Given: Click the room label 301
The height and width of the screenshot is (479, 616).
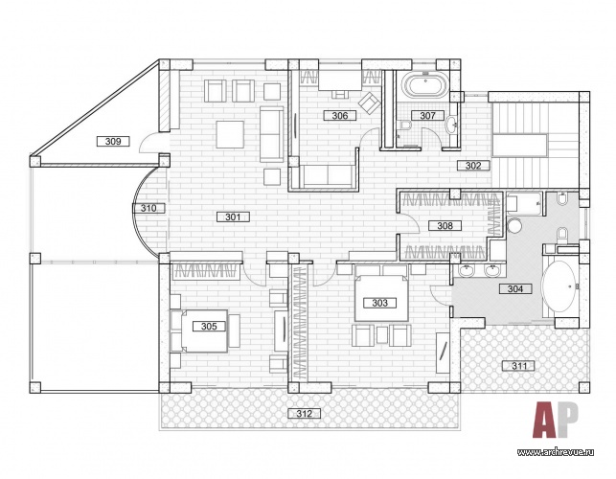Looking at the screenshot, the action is tap(233, 217).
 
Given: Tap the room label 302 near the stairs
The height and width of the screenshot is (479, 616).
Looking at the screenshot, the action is tap(473, 166).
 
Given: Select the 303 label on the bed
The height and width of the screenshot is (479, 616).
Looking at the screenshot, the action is tap(379, 303).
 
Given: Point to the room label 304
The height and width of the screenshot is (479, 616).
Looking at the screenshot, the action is tap(515, 289).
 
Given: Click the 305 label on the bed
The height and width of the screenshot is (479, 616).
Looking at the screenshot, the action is tap(209, 326).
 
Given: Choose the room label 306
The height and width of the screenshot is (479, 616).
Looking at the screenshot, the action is tap(340, 115).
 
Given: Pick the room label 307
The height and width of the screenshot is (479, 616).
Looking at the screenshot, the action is tap(427, 115).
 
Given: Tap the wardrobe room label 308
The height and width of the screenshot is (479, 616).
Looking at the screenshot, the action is tap(445, 225).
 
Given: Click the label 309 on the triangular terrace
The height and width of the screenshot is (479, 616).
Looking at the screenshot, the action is tap(113, 141).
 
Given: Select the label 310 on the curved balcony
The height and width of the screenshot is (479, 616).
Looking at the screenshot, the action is tap(148, 208).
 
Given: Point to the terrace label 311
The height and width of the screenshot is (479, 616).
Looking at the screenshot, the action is tap(519, 366).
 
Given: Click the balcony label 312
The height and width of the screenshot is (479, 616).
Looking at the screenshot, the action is tap(304, 414).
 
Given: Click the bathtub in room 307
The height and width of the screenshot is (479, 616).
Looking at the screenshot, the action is tap(425, 85).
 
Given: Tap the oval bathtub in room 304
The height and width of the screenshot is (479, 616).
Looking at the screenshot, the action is tap(559, 286).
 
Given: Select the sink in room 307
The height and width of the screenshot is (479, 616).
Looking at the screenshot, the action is tap(452, 125).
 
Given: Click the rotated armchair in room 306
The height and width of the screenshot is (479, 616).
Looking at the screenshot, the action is tap(369, 102).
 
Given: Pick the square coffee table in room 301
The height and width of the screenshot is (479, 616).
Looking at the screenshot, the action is tap(230, 134).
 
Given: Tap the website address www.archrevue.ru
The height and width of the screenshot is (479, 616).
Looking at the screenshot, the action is tap(555, 452).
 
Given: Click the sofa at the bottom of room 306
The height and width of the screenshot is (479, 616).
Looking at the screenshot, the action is tap(328, 175).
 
